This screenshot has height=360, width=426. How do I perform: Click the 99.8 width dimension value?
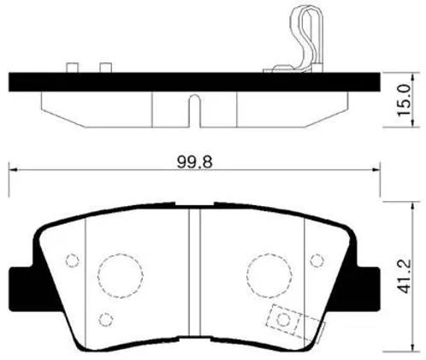click(x=195, y=162)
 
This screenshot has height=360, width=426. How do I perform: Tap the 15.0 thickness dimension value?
click(x=405, y=100)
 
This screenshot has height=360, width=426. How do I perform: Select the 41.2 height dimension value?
click(x=405, y=276)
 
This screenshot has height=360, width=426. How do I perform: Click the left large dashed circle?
click(x=121, y=275)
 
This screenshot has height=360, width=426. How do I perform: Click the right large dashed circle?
click(x=269, y=275)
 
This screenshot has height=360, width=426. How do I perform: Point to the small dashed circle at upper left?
click(x=72, y=260)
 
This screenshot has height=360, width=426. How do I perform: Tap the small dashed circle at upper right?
click(x=317, y=260)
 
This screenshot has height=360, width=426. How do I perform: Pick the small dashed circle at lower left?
click(x=106, y=320)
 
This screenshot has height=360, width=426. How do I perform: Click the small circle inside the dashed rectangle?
click(x=284, y=319)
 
